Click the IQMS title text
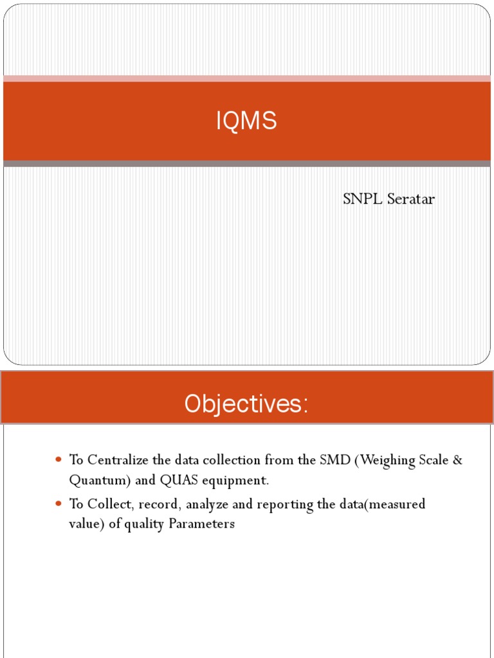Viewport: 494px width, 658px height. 246,121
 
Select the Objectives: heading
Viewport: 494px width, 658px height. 246,404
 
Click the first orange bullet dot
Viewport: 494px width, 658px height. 59,460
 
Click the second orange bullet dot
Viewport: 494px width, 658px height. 59,504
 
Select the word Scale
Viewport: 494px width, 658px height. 432,460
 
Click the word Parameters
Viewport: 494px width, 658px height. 202,524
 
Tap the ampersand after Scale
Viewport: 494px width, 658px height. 457,460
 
